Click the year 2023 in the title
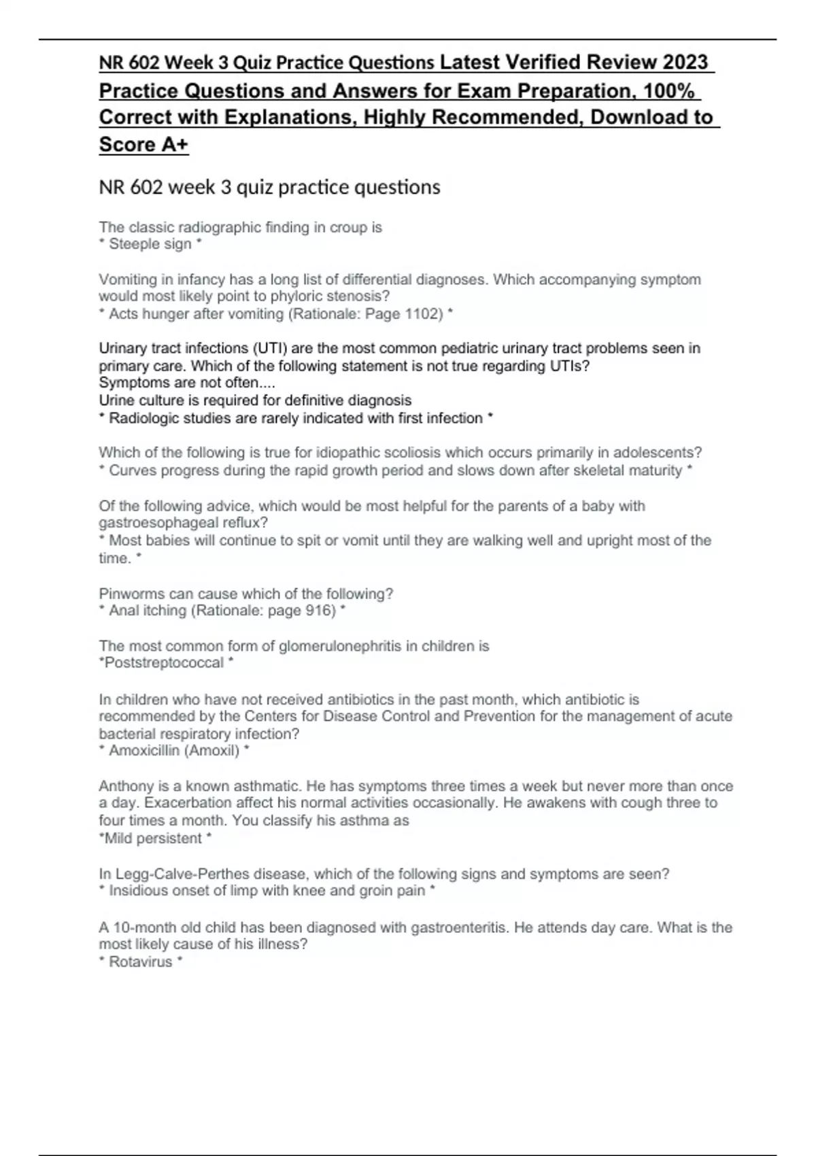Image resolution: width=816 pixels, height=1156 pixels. (685, 63)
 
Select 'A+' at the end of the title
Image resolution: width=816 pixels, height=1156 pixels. (175, 144)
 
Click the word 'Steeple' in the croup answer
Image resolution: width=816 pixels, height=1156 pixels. (131, 244)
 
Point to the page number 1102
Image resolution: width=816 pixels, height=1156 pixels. (424, 314)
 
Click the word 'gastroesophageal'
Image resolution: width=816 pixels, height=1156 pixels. (160, 523)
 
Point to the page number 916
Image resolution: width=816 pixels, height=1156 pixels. (320, 611)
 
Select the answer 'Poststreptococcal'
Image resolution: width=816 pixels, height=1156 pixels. (163, 663)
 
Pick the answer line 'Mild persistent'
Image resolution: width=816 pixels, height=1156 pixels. (152, 838)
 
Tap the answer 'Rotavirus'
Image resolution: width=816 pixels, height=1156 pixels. (141, 962)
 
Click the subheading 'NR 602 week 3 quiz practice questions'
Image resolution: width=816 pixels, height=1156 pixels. (269, 187)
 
